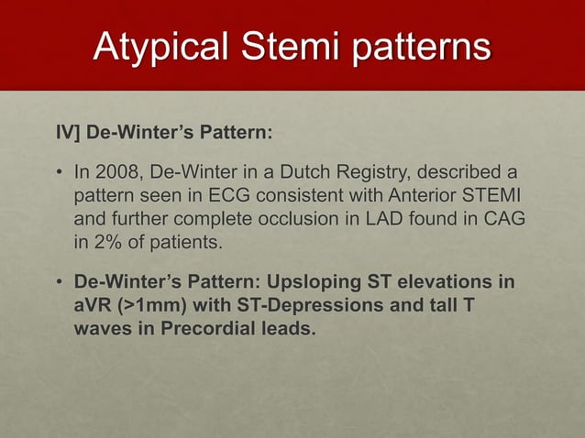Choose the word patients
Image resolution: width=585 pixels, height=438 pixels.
tap(179, 244)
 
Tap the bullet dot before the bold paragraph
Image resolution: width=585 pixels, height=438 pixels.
tap(58, 279)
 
